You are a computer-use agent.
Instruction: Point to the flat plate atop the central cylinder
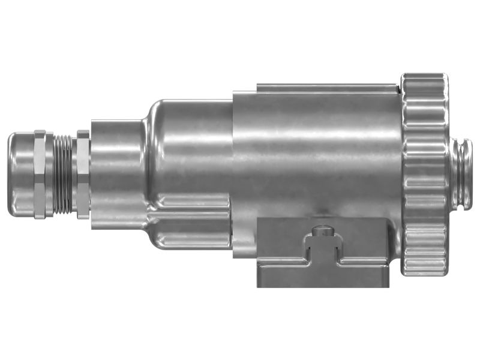pos(327,88)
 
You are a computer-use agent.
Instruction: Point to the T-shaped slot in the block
pos(323,252)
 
